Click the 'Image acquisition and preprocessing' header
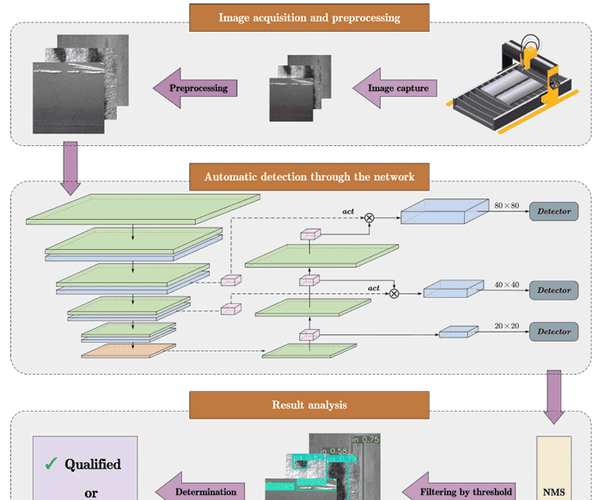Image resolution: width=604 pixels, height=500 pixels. pyautogui.click(x=308, y=17)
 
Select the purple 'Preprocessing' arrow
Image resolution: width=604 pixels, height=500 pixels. pyautogui.click(x=196, y=88)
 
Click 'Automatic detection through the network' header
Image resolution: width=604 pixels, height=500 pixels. pyautogui.click(x=308, y=178)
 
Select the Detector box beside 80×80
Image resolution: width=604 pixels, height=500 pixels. pyautogui.click(x=553, y=210)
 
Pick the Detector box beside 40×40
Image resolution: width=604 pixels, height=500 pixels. pyautogui.click(x=553, y=290)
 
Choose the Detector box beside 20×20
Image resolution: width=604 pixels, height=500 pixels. pyautogui.click(x=553, y=332)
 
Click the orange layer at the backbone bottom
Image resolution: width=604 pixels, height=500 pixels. pyautogui.click(x=128, y=350)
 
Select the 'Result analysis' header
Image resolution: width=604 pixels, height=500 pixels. pyautogui.click(x=308, y=405)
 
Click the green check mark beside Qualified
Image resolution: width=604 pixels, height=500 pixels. pyautogui.click(x=51, y=465)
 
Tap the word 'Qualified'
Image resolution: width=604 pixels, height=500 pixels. pyautogui.click(x=93, y=465)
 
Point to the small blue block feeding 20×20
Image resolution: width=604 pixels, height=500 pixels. pyautogui.click(x=458, y=331)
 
